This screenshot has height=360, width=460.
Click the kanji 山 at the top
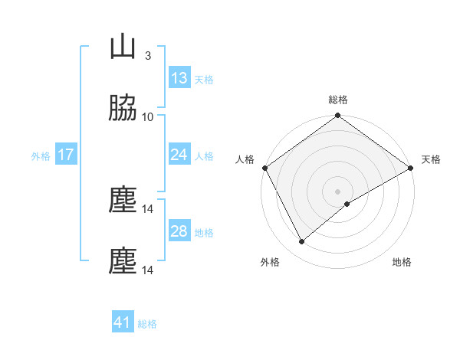pyautogui.click(x=123, y=47)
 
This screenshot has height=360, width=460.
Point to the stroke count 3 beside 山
pyautogui.click(x=148, y=55)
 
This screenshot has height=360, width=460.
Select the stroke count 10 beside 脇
pyautogui.click(x=148, y=116)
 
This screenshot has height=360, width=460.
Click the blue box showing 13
pyautogui.click(x=179, y=78)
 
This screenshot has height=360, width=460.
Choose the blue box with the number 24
pyautogui.click(x=179, y=155)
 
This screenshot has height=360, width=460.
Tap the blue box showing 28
pyautogui.click(x=179, y=231)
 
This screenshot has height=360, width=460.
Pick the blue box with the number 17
pyautogui.click(x=66, y=155)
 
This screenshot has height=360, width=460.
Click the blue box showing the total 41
pyautogui.click(x=123, y=322)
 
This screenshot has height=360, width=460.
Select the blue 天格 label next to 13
pyautogui.click(x=204, y=79)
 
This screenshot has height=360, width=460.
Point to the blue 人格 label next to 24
pyautogui.click(x=204, y=155)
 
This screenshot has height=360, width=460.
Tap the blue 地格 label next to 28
pyautogui.click(x=204, y=232)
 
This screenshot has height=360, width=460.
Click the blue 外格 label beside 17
pyautogui.click(x=41, y=155)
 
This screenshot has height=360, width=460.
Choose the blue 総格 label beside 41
pyautogui.click(x=147, y=323)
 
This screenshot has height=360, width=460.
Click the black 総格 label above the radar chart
pyautogui.click(x=338, y=100)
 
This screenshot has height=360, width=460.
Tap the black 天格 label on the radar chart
pyautogui.click(x=431, y=159)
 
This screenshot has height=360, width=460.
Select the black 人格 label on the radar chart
pyautogui.click(x=245, y=159)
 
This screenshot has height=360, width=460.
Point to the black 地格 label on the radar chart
pyautogui.click(x=402, y=263)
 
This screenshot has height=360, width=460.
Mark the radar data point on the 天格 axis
pyautogui.click(x=411, y=168)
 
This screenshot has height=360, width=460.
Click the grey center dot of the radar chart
pyautogui.click(x=338, y=191)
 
